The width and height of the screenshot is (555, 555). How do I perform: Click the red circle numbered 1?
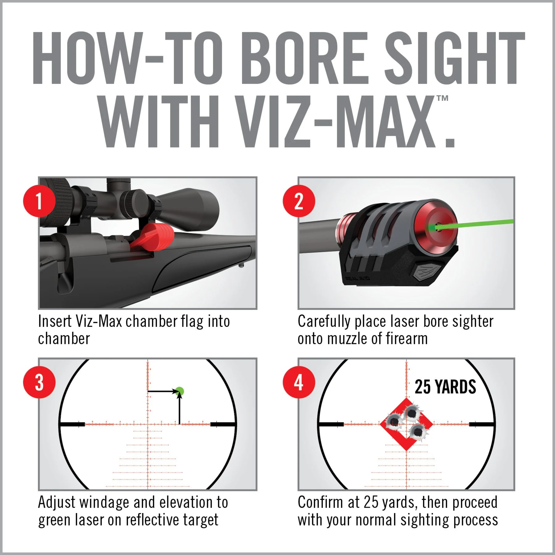[39, 201]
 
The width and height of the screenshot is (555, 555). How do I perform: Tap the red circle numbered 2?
[299, 201]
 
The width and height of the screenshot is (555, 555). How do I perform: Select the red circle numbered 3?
[39, 382]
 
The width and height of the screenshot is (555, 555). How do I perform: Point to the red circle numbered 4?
[299, 382]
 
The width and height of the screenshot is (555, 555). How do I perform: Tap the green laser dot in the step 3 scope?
[180, 391]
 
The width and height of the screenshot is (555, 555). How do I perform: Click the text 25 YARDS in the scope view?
[445, 387]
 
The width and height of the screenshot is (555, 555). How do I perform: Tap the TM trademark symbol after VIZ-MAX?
[442, 98]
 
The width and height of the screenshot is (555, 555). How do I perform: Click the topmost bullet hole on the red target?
[412, 412]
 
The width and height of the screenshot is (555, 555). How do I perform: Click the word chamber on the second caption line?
[64, 339]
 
